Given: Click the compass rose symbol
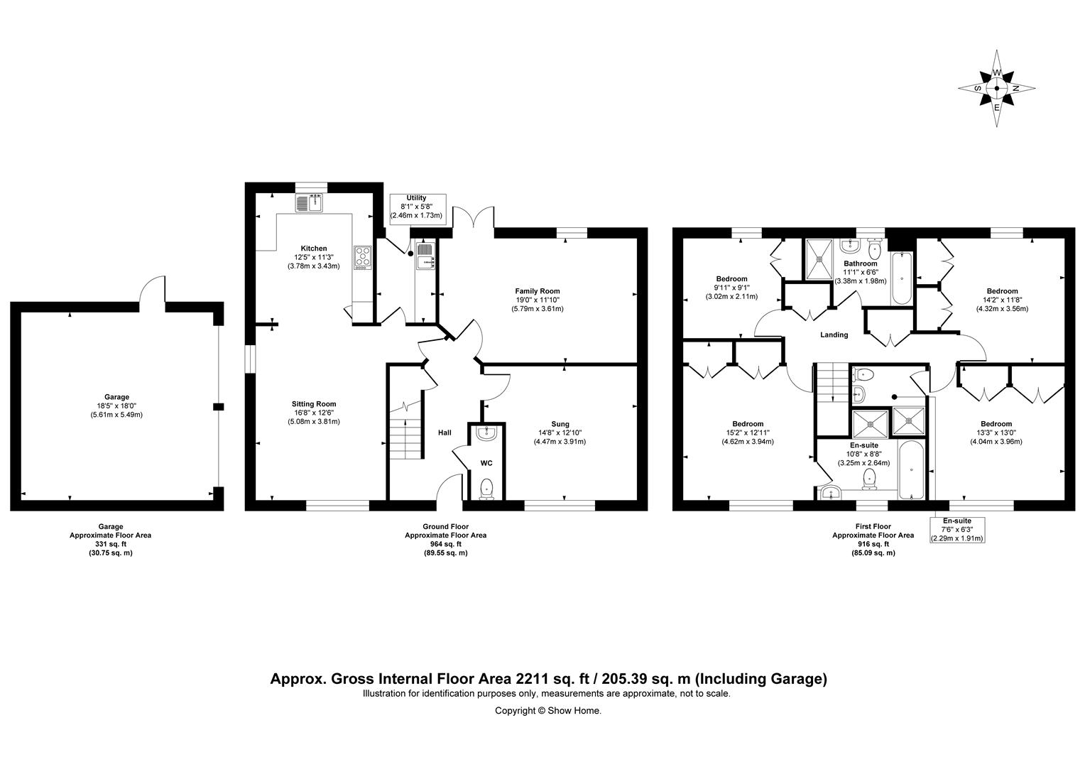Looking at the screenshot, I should click(996, 89).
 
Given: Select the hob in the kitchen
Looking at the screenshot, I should click(362, 256).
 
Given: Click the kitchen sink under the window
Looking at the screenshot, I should click(310, 204).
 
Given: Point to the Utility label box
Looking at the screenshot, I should click(416, 207).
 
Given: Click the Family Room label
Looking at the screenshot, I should click(537, 291).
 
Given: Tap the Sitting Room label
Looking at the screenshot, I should click(313, 404).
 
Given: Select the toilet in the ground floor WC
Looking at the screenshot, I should click(486, 488).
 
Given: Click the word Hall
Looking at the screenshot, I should click(445, 433).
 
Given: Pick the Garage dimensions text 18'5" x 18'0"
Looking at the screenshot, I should click(116, 406).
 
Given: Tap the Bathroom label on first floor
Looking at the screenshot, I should click(860, 263).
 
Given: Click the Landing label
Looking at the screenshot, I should click(834, 335).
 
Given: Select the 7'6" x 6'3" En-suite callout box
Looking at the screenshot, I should click(957, 530).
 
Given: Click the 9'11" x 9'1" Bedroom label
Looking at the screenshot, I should click(731, 288).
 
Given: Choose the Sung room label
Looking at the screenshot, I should click(560, 425).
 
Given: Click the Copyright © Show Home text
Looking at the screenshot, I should click(547, 710).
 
